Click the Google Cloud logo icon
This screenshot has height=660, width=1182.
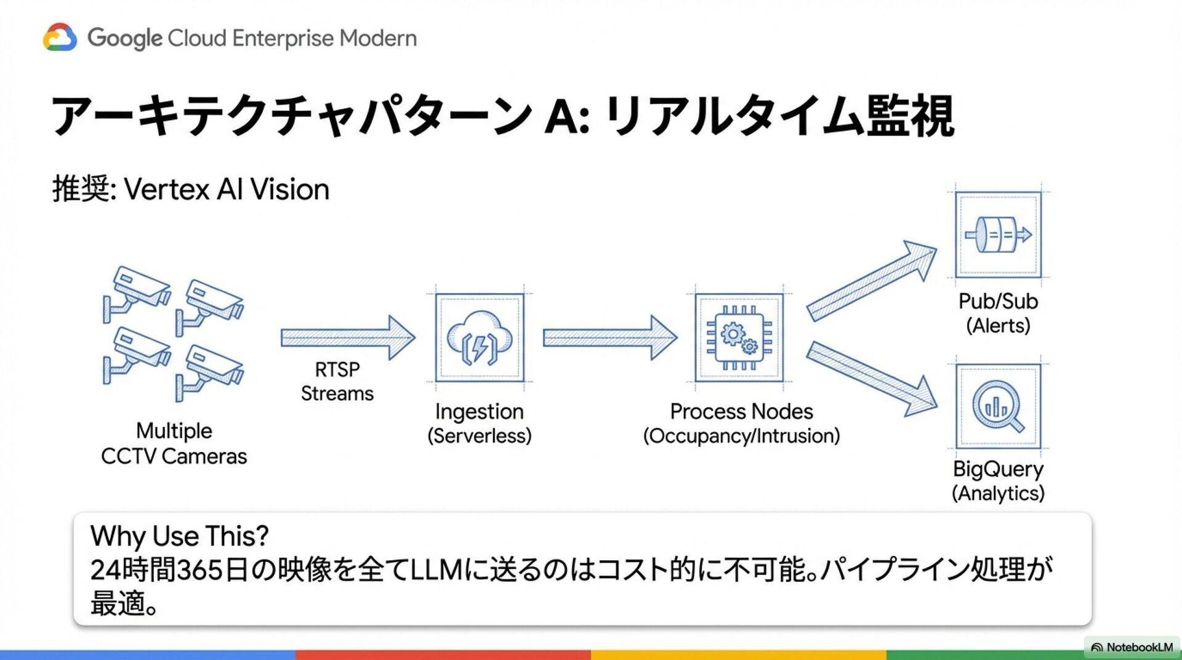tap(60, 38)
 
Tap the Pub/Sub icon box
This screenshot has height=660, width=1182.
tap(998, 235)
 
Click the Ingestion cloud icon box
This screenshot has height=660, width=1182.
tap(480, 337)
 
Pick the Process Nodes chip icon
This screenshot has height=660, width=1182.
tap(739, 337)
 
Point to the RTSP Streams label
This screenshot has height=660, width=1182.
tap(337, 381)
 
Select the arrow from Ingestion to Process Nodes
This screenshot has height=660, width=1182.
tap(609, 337)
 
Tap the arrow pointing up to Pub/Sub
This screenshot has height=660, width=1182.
tap(871, 280)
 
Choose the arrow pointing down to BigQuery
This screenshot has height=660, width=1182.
tap(871, 379)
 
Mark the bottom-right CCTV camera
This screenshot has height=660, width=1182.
tap(211, 371)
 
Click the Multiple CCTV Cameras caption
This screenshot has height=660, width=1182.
tap(174, 443)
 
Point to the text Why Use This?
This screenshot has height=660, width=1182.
tap(179, 536)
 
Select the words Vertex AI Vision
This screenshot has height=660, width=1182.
tap(227, 189)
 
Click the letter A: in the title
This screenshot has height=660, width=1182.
tap(567, 116)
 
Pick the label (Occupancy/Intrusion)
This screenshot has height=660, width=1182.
tap(741, 436)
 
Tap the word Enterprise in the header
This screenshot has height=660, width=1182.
tap(283, 38)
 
